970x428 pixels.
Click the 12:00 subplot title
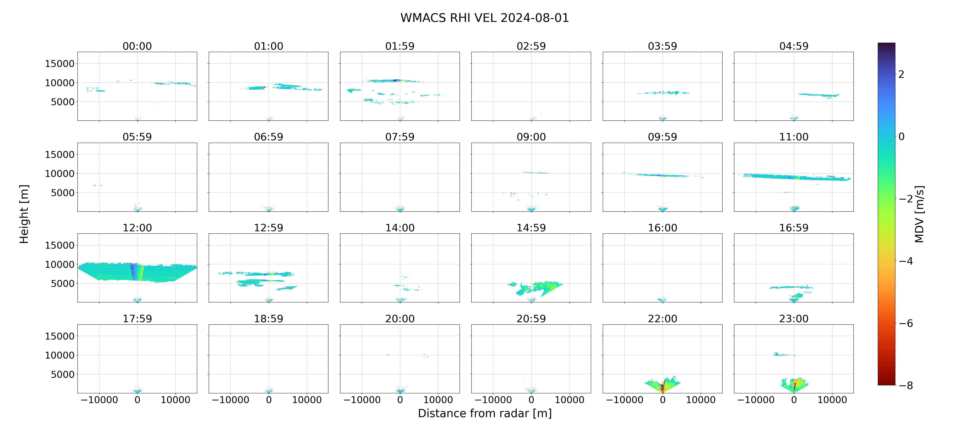pyautogui.click(x=137, y=228)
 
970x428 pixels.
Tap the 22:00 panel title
pyautogui.click(x=662, y=319)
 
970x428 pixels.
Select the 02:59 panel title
pyautogui.click(x=531, y=46)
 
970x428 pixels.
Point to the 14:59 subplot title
pyautogui.click(x=531, y=228)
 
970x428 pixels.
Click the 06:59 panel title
pyautogui.click(x=269, y=137)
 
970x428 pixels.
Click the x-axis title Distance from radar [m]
pyautogui.click(x=485, y=413)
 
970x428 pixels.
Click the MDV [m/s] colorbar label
pyautogui.click(x=919, y=214)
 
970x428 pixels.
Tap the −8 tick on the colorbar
pyautogui.click(x=906, y=385)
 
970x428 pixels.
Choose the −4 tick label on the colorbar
pyautogui.click(x=906, y=261)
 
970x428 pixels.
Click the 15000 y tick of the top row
pyautogui.click(x=60, y=64)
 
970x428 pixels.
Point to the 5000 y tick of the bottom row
pyautogui.click(x=63, y=375)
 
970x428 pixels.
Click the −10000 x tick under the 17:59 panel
pyautogui.click(x=99, y=400)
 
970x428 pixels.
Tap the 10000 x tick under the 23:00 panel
pyautogui.click(x=832, y=400)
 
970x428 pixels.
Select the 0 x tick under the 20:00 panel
pyautogui.click(x=400, y=400)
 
